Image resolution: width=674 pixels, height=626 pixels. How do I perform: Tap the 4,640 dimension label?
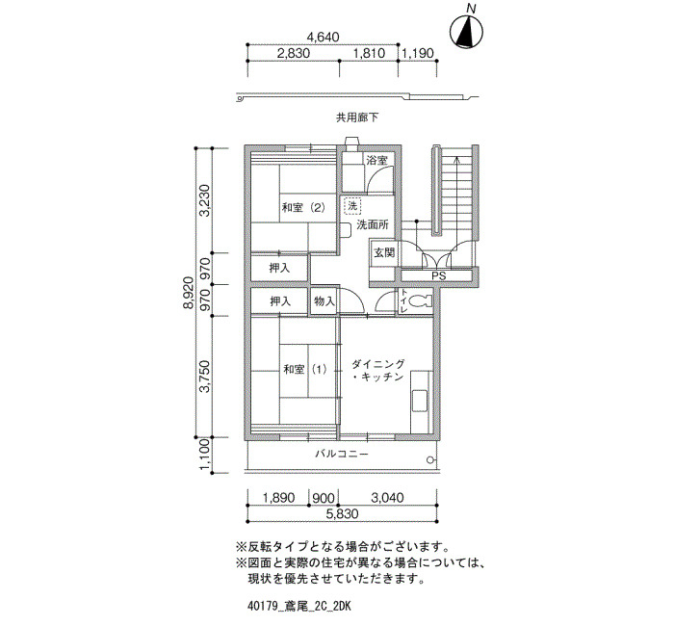[323, 37]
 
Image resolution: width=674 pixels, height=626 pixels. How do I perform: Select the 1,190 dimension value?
[417, 53]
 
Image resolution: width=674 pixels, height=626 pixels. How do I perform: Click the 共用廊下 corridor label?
[357, 117]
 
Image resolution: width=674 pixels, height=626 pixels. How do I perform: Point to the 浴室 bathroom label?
[377, 161]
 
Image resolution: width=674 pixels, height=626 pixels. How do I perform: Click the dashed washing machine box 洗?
[352, 205]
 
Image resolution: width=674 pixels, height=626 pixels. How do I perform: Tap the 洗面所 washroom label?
[373, 224]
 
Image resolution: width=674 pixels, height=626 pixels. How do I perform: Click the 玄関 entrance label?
[384, 252]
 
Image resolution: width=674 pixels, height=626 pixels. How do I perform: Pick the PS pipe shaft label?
[439, 276]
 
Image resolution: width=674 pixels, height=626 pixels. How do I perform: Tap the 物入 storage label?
[324, 301]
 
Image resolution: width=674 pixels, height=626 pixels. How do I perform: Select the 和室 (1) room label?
[305, 369]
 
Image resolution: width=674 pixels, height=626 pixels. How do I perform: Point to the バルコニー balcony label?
[342, 454]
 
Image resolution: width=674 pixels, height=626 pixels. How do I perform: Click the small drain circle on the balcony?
[430, 459]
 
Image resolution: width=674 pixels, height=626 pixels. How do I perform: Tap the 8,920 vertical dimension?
[189, 293]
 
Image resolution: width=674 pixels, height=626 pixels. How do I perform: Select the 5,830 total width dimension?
[342, 513]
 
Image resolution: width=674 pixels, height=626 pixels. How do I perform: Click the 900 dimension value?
[324, 498]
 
